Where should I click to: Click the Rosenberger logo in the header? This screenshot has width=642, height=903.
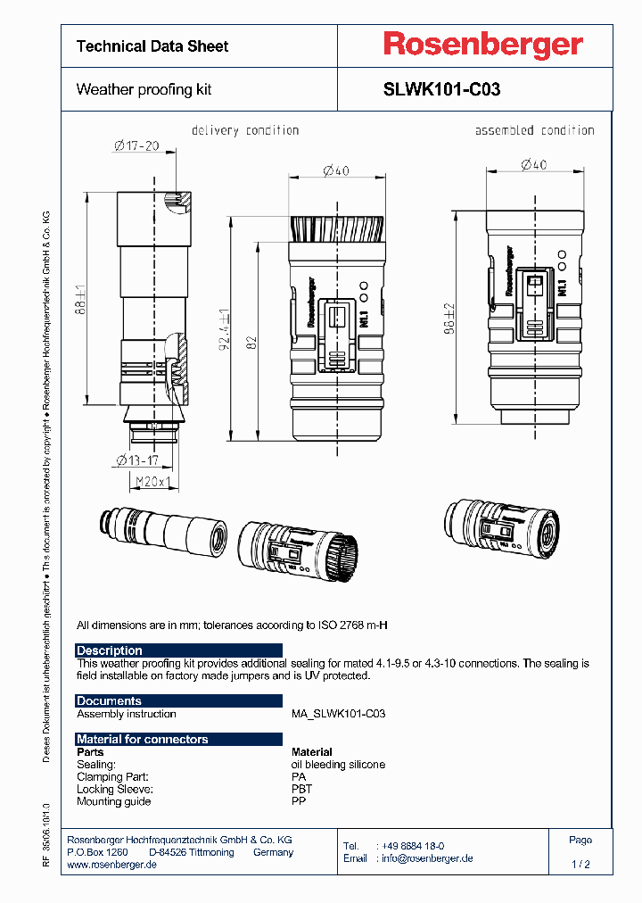[x=482, y=45]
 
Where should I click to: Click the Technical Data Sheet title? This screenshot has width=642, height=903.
[x=152, y=46]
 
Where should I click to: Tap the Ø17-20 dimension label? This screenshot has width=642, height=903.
[x=136, y=146]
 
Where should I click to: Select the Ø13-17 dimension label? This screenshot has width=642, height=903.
[x=136, y=461]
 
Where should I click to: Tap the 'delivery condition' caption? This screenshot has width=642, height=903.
[x=245, y=130]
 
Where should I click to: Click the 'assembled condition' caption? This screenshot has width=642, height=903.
[x=534, y=130]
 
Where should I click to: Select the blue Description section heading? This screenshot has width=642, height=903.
[x=110, y=650]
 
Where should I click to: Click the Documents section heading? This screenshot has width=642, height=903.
[x=109, y=700]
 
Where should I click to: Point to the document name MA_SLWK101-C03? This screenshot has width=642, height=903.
[x=338, y=714]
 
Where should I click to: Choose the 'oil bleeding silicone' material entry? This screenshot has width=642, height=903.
[x=338, y=765]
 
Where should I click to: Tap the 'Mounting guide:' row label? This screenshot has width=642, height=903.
[x=113, y=801]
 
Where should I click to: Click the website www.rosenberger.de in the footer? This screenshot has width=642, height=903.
[x=112, y=866]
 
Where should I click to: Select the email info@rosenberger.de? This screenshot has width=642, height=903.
[x=425, y=858]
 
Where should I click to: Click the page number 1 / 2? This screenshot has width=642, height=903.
[x=580, y=865]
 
